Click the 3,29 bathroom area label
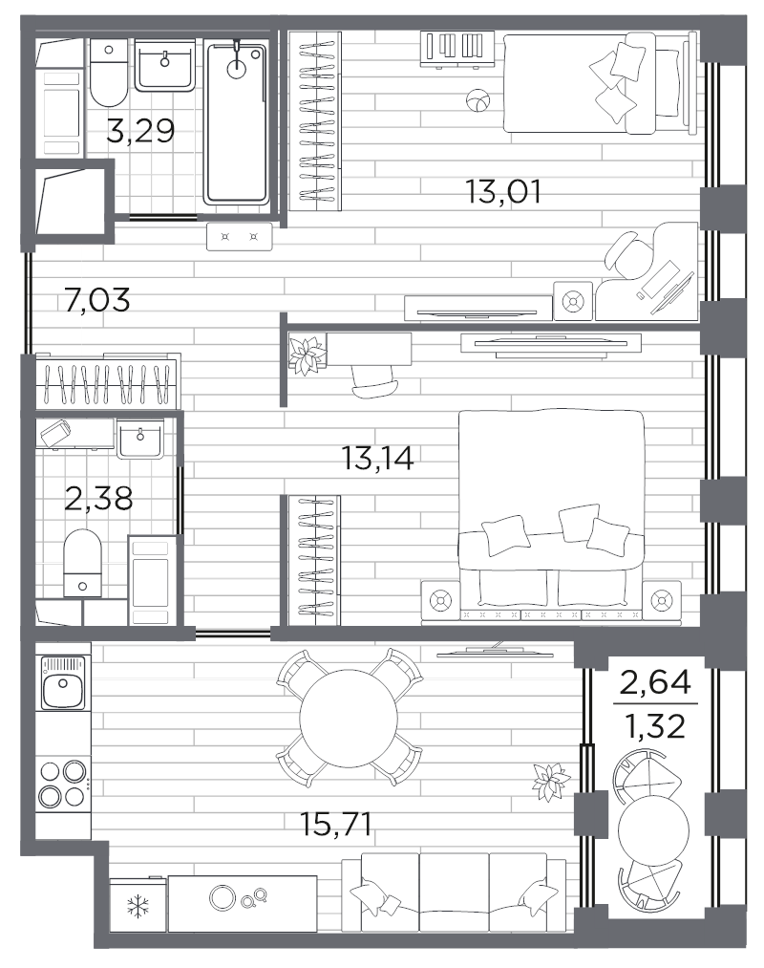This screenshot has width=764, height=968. click(140, 130)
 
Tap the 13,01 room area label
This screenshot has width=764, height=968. click(503, 191)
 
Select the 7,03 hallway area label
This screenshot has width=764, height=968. click(96, 300)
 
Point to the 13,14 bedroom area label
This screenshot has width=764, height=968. click(377, 458)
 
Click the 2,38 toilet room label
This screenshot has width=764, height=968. click(98, 498)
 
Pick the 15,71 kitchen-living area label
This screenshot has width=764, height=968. click(336, 824)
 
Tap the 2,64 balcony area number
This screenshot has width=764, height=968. click(655, 683)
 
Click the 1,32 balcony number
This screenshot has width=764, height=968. click(655, 726)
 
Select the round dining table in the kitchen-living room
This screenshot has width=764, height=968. click(348, 718)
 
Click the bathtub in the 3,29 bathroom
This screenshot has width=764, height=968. click(237, 122)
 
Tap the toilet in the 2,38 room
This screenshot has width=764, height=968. click(83, 563)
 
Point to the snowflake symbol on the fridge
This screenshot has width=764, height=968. click(138, 906)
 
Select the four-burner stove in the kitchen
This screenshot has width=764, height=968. click(62, 784)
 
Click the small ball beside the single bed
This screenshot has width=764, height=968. click(477, 100)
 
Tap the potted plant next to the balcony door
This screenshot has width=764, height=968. click(550, 782)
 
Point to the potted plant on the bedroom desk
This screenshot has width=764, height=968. click(307, 355)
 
